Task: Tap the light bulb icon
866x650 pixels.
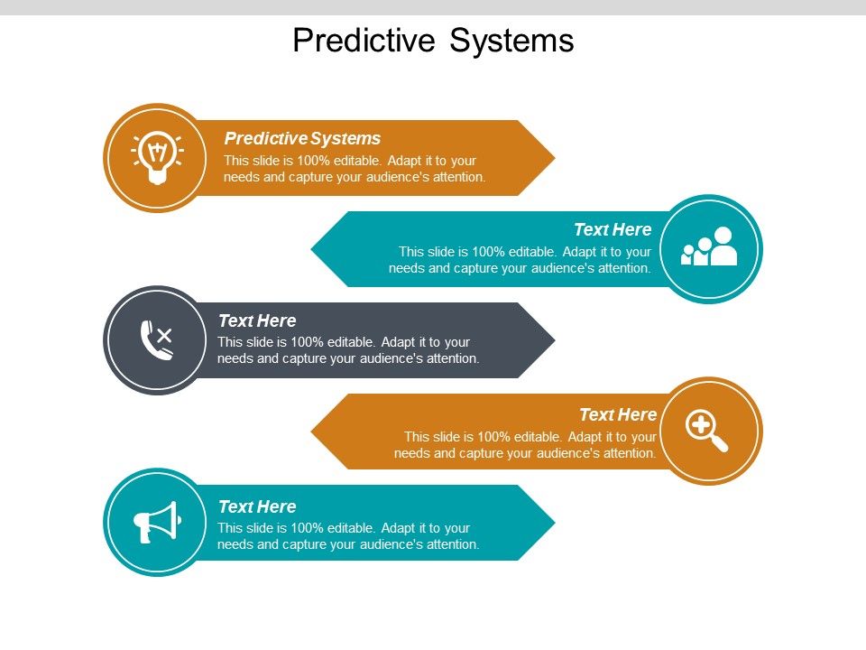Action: (158, 158)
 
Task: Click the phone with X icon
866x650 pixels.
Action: (156, 340)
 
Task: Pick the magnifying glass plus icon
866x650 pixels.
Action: (706, 430)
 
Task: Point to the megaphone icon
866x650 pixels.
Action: (157, 522)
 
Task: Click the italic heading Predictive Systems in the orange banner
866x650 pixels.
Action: (302, 138)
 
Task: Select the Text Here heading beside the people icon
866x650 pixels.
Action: (613, 229)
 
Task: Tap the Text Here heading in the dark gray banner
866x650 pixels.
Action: (257, 320)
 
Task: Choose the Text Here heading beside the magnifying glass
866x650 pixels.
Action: (618, 414)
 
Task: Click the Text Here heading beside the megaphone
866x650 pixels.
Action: (257, 506)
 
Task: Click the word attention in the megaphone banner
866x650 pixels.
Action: (449, 544)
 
